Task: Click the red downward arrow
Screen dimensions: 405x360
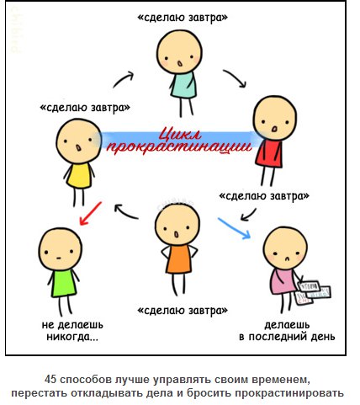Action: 91,214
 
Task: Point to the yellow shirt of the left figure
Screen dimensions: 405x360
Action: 79,172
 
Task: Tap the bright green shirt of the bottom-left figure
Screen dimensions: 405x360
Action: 63,281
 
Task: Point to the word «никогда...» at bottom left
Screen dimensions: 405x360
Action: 69,338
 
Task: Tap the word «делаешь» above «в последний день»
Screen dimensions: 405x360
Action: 287,325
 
